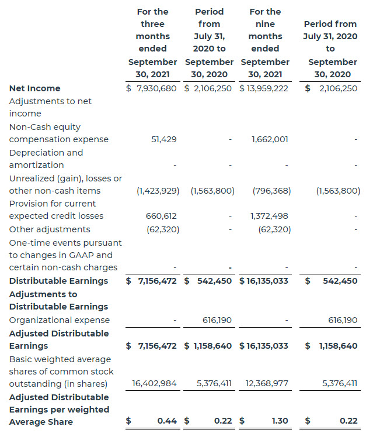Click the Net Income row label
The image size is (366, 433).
pyautogui.click(x=34, y=88)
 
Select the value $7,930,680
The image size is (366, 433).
pyautogui.click(x=152, y=88)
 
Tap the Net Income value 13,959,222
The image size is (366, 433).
pyautogui.click(x=264, y=88)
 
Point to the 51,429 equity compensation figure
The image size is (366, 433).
pyautogui.click(x=163, y=139)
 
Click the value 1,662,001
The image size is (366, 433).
pyautogui.click(x=270, y=139)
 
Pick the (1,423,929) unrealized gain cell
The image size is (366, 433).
pyautogui.click(x=158, y=191)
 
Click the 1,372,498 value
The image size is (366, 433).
pyautogui.click(x=270, y=216)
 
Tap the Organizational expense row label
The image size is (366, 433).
pyautogui.click(x=60, y=320)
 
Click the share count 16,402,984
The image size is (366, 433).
pyautogui.click(x=154, y=384)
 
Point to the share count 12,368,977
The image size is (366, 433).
pyautogui.click(x=266, y=384)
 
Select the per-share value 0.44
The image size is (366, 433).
pyautogui.click(x=167, y=421)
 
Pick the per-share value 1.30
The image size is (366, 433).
pyautogui.click(x=279, y=421)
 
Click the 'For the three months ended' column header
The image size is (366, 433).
pyautogui.click(x=152, y=43)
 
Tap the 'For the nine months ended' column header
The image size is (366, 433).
pyautogui.click(x=265, y=43)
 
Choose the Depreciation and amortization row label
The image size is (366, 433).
pyautogui.click(x=46, y=159)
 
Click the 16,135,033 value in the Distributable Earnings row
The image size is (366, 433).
pyautogui.click(x=264, y=281)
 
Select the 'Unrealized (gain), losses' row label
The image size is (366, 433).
pyautogui.click(x=65, y=184)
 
